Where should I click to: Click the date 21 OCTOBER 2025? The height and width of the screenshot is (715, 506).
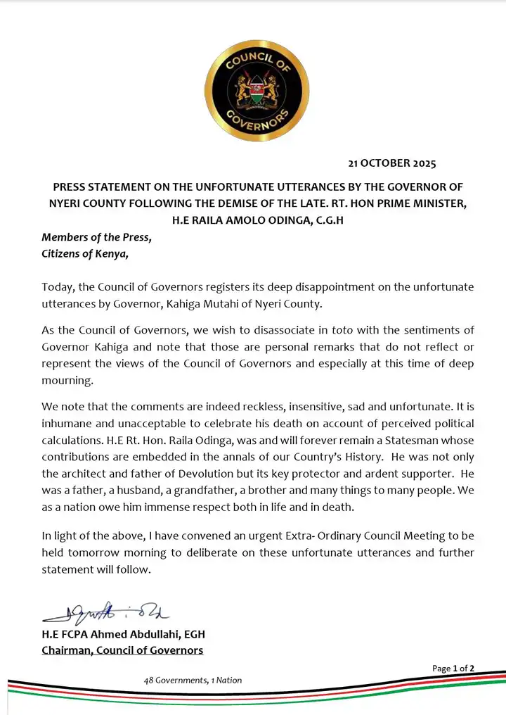(x=392, y=164)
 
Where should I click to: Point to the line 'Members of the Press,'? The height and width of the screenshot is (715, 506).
(x=96, y=237)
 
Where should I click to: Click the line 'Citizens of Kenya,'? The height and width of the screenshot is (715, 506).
(x=85, y=254)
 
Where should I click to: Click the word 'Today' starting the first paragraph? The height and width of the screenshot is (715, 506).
(x=58, y=288)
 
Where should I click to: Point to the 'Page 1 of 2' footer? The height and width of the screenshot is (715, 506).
(x=453, y=668)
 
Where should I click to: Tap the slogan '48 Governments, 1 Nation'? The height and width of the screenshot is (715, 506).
(x=193, y=681)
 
